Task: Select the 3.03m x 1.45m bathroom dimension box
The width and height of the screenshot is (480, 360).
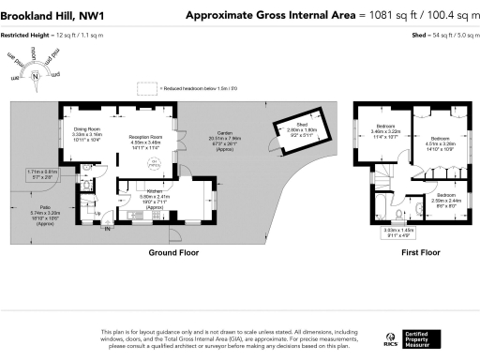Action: coord(397,232)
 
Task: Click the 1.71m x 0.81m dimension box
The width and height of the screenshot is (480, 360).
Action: coord(42,173)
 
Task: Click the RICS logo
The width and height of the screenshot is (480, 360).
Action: coord(389,338)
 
